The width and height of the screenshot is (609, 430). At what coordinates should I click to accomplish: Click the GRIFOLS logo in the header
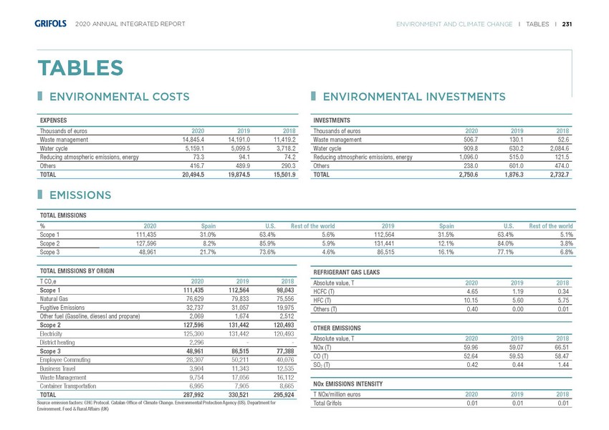point(52,24)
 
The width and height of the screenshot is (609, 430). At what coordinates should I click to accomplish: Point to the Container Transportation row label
point(75,385)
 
